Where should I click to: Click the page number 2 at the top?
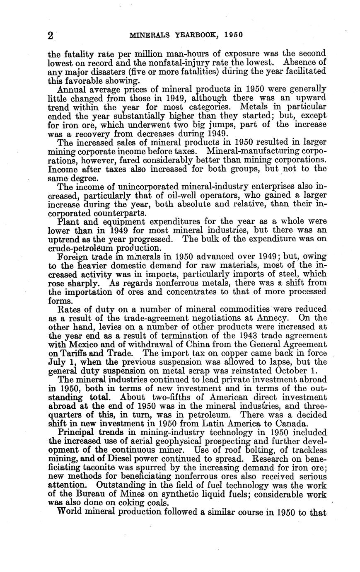[51, 35]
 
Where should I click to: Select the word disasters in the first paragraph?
[102, 71]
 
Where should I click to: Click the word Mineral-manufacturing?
[261, 151]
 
